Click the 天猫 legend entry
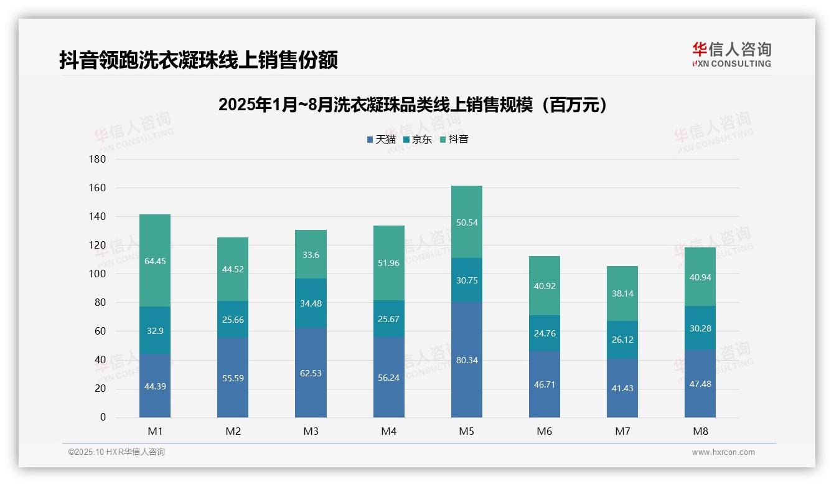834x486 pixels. click(382, 140)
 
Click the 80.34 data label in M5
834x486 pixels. click(466, 360)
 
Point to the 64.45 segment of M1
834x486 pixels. click(155, 260)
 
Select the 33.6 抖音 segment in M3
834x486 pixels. click(311, 254)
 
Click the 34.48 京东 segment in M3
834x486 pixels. click(311, 303)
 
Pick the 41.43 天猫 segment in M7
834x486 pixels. click(622, 388)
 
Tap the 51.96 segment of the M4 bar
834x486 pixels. click(388, 263)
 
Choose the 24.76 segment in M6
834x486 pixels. click(544, 333)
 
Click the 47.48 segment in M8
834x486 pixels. click(700, 383)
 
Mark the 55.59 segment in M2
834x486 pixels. click(233, 378)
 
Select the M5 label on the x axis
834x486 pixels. click(466, 431)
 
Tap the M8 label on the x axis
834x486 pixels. click(700, 431)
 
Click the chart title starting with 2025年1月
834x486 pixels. click(413, 105)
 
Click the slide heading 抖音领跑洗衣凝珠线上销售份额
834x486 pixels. click(199, 60)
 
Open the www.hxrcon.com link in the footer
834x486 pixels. click(723, 452)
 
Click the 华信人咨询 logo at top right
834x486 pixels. click(731, 54)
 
